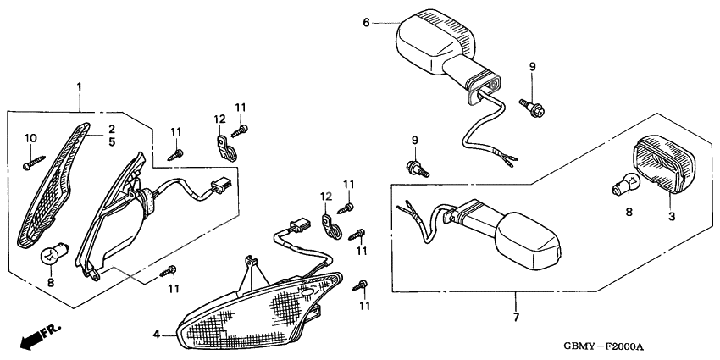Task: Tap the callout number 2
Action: point(110,129)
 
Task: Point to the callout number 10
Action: point(31,137)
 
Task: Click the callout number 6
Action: point(366,23)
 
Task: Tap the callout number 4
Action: point(157,335)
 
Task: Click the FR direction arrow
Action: point(33,340)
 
